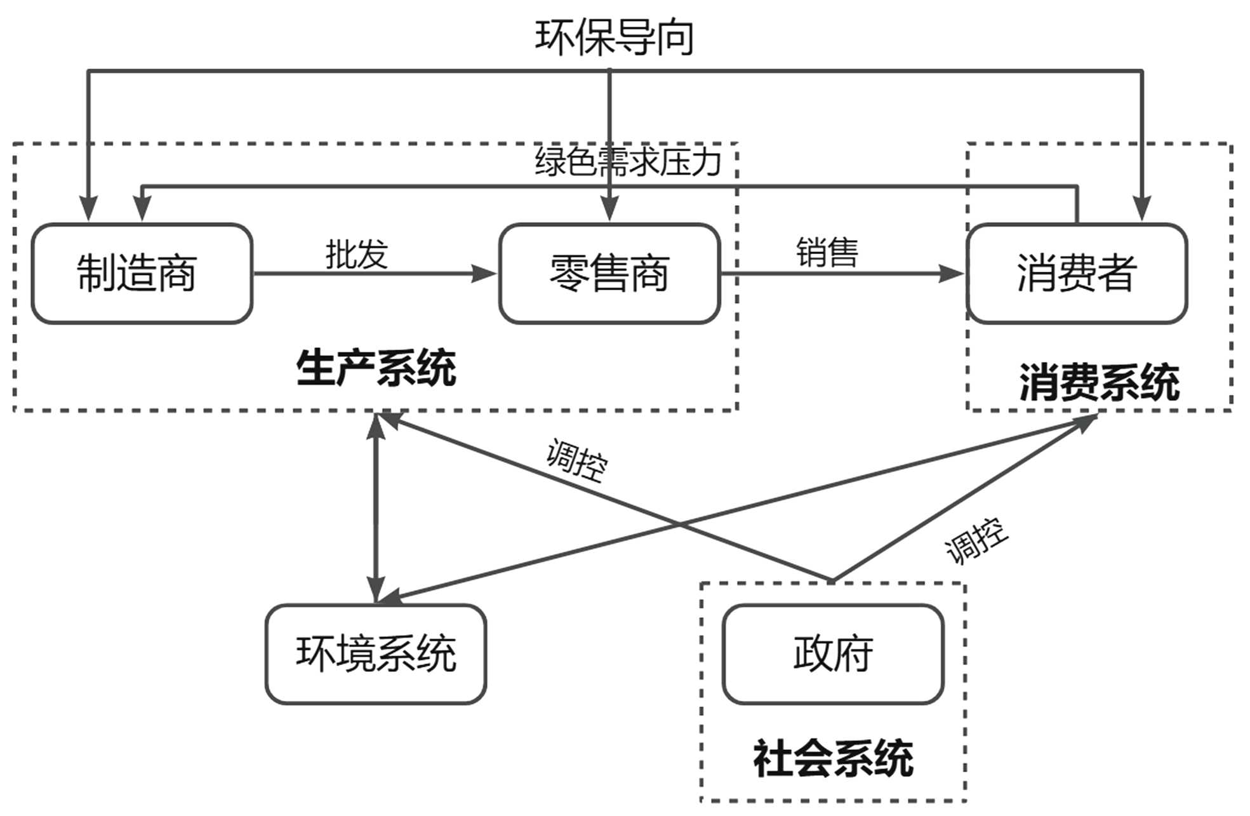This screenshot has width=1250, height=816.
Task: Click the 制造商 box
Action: point(142,274)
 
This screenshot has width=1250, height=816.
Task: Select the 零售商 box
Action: point(609,274)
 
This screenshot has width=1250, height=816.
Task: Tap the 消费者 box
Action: point(1077,274)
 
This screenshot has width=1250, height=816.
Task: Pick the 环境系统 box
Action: point(376,654)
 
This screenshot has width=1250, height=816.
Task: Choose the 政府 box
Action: point(833,654)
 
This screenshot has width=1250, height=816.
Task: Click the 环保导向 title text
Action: point(614,37)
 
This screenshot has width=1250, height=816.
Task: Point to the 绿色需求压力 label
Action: point(628,162)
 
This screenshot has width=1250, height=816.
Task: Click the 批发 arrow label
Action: point(356,255)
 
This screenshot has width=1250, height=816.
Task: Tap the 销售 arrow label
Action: point(827,253)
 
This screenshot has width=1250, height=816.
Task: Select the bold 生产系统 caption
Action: point(376,368)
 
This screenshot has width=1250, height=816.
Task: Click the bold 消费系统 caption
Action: point(1099,383)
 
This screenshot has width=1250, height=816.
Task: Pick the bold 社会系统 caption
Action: point(833,759)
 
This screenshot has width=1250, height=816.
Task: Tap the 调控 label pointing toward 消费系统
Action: point(976,541)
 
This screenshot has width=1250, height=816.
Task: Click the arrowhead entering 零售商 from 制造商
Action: point(485,274)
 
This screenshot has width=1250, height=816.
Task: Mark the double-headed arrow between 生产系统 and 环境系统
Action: point(376,508)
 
